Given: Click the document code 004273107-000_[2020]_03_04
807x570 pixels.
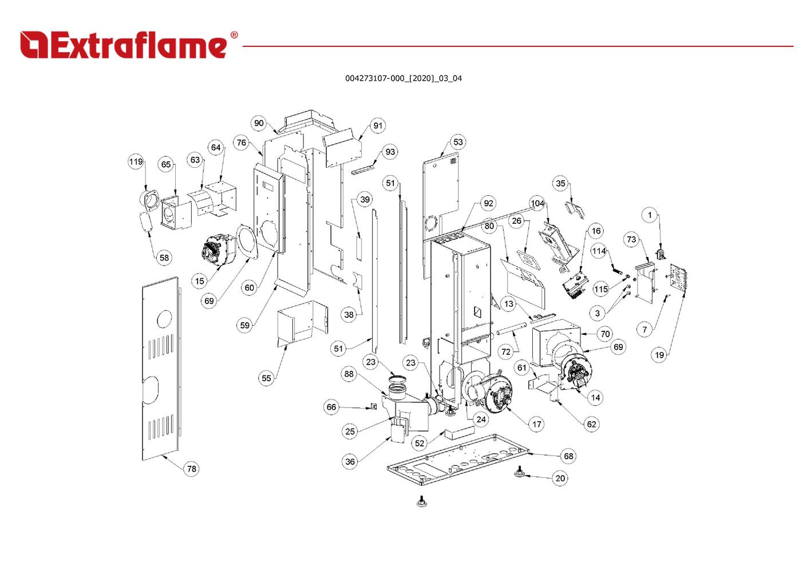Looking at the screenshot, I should pyautogui.click(x=403, y=78).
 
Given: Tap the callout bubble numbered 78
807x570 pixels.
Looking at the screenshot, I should pyautogui.click(x=192, y=469).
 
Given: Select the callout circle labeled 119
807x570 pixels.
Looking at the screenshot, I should pyautogui.click(x=136, y=161).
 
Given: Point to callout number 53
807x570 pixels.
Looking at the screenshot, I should pyautogui.click(x=458, y=142).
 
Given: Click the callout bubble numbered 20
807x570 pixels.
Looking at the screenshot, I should pyautogui.click(x=560, y=478).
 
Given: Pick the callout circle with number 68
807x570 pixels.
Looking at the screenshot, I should pyautogui.click(x=568, y=456).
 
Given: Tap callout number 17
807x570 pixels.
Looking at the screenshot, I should pyautogui.click(x=536, y=424).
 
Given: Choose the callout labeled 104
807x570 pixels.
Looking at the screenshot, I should pyautogui.click(x=537, y=203).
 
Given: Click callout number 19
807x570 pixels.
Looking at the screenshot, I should pyautogui.click(x=659, y=355).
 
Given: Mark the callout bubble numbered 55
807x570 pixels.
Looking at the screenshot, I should pyautogui.click(x=266, y=378).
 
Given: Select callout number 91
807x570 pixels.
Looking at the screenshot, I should pyautogui.click(x=378, y=126).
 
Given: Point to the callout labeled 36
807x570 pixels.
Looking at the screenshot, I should pyautogui.click(x=350, y=461).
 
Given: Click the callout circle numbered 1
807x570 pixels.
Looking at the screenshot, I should pyautogui.click(x=650, y=215).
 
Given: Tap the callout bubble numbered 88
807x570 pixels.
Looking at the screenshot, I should pyautogui.click(x=349, y=374).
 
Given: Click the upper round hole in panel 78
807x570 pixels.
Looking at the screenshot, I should pyautogui.click(x=164, y=318).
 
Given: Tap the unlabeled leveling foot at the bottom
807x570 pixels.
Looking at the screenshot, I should pyautogui.click(x=422, y=502).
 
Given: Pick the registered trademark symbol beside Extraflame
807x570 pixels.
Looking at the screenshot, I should pyautogui.click(x=234, y=35).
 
